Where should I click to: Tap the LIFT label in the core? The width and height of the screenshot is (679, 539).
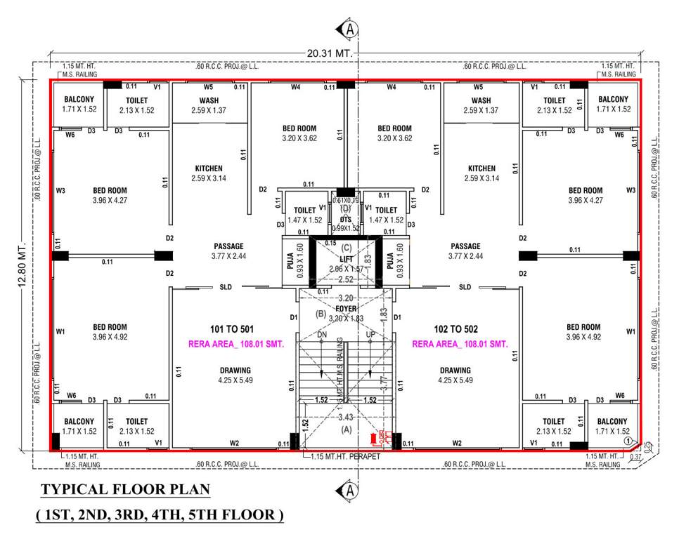coord(345,259)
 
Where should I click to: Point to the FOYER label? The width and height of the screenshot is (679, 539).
coord(346,308)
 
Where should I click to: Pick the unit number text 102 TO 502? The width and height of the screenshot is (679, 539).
coord(458,329)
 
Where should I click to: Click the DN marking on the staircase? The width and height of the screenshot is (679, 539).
coord(323,335)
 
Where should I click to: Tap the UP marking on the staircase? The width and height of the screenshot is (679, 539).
coord(370,335)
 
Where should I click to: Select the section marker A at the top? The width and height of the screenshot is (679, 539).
coord(349,29)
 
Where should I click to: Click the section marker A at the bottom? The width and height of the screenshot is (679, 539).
coord(349,490)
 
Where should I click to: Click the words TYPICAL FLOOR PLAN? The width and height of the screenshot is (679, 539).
coord(125,489)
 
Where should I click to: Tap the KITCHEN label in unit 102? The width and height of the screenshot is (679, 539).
coord(481,168)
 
